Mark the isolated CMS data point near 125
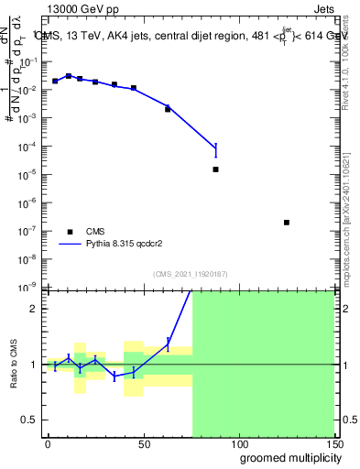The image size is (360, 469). [287, 223]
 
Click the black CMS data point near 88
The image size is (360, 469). [215, 169]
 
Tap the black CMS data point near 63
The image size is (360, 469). [168, 109]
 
